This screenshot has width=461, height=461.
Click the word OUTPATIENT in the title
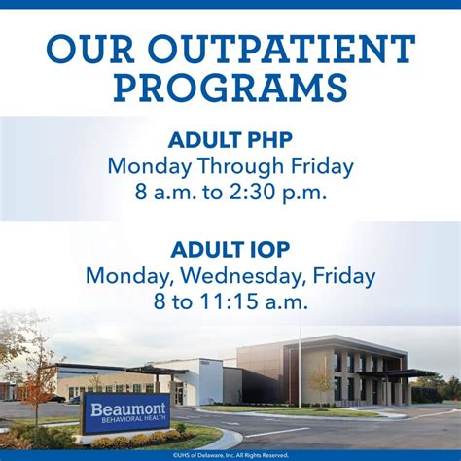click(x=283, y=49)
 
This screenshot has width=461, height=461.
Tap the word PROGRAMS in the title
click(x=230, y=88)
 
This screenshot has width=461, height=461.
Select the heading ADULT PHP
click(x=230, y=138)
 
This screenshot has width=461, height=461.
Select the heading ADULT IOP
click(x=230, y=249)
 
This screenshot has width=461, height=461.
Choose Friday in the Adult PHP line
click(x=320, y=165)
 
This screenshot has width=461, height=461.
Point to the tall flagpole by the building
click(x=299, y=360)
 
